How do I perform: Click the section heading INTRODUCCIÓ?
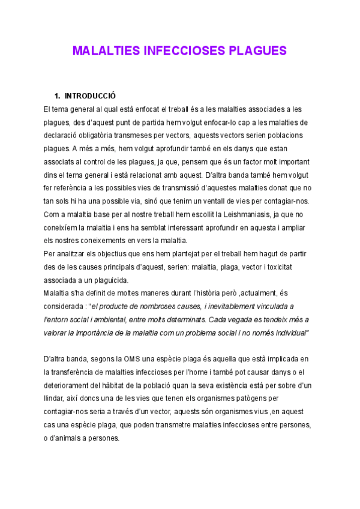coord(90,96)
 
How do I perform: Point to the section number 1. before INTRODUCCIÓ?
coord(58,96)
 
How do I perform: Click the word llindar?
coord(55,399)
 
